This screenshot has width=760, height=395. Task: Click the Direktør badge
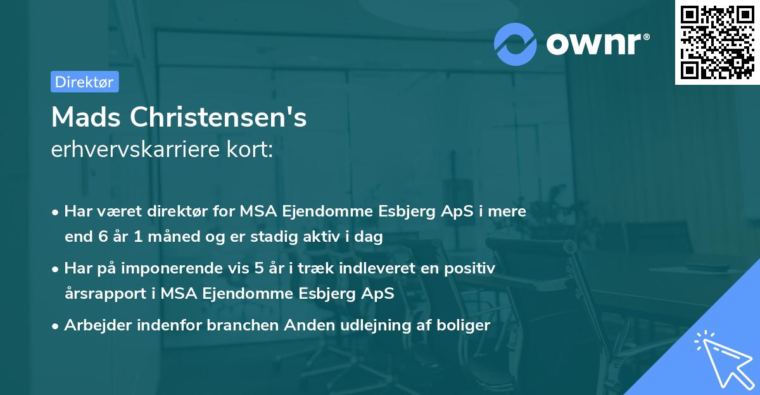coord(84,82)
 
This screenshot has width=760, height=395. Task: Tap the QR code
coord(717,42)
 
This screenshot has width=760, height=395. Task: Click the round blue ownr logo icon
coord(516,44)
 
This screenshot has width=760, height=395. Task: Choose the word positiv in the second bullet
coord(470,268)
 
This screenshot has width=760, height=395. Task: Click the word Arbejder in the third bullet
coord(94,325)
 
